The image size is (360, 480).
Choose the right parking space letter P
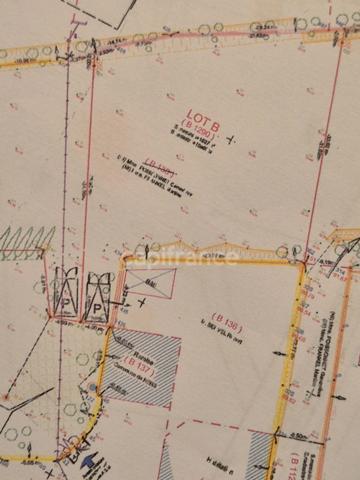click(97, 309)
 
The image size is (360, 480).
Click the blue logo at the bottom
click(91, 458)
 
